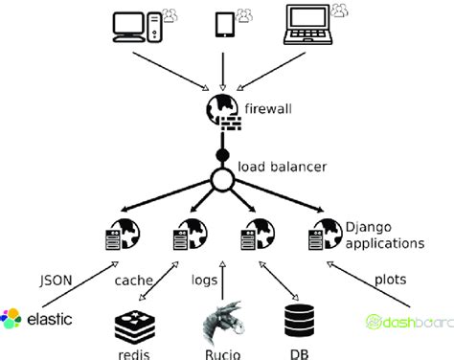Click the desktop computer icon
pos(133,28)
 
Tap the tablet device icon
pos(224,25)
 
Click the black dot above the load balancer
pos(222,154)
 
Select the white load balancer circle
pos(222,179)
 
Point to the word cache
pos(133,281)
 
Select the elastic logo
pos(37,319)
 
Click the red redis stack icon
pos(132,324)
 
